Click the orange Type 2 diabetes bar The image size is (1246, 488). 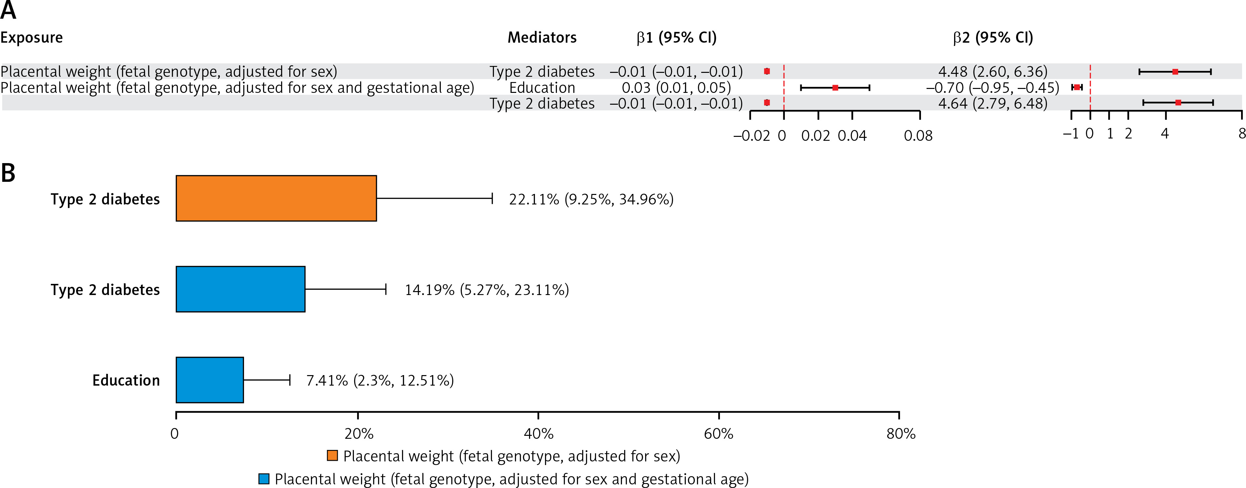[276, 199]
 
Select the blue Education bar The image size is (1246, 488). [210, 380]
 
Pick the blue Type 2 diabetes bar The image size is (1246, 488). [240, 289]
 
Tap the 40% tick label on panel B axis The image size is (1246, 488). [538, 434]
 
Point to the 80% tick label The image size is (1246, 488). [901, 434]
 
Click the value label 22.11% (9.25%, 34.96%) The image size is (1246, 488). [591, 200]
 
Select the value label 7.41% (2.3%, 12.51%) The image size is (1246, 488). [380, 381]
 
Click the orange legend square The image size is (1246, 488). [332, 456]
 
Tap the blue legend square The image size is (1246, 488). [264, 479]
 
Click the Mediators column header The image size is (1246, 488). [542, 37]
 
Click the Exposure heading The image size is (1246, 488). [31, 37]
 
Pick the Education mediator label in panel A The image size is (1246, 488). [542, 88]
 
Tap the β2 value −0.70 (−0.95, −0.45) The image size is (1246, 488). [992, 88]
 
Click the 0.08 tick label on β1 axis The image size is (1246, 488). [918, 136]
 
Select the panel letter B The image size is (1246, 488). [8, 173]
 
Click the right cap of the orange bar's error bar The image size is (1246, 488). [492, 199]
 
